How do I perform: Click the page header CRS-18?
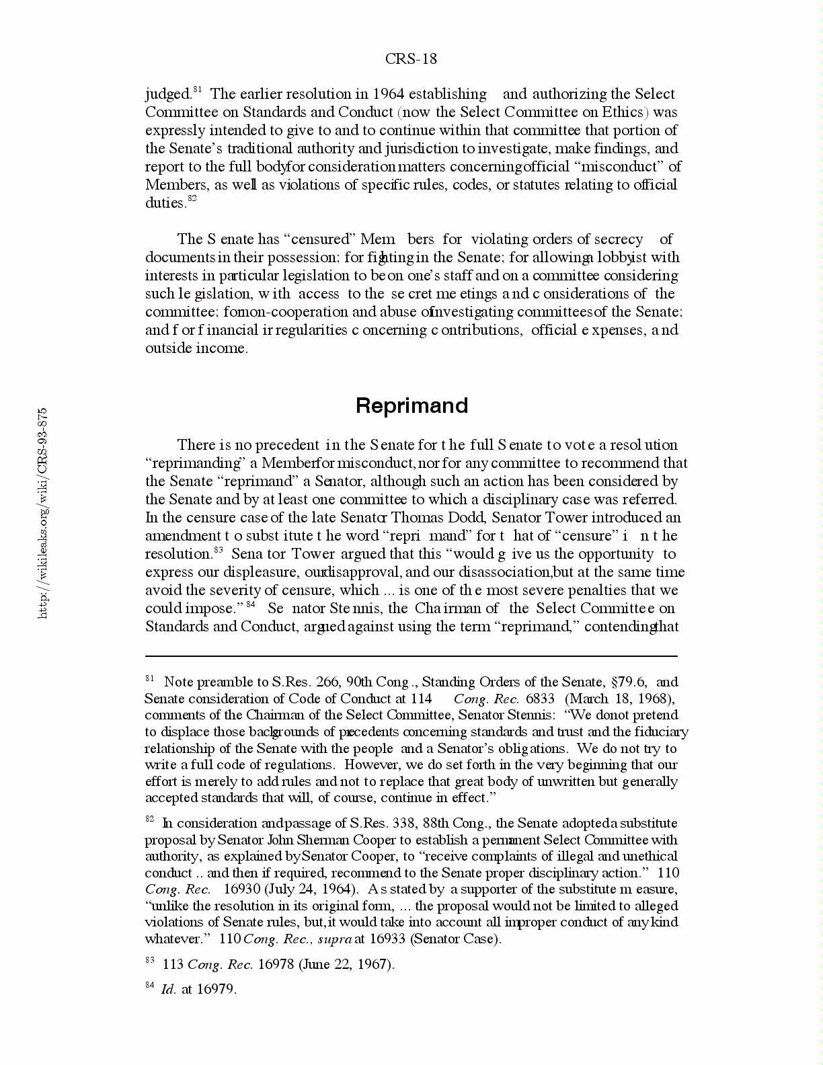(x=411, y=59)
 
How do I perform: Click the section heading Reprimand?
(x=412, y=405)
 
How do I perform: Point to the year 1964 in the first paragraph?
(x=388, y=94)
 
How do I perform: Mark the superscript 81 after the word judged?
(x=198, y=89)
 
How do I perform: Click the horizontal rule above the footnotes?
(x=411, y=656)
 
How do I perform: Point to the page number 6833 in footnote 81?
(x=540, y=699)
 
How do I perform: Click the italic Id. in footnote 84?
(x=168, y=989)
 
